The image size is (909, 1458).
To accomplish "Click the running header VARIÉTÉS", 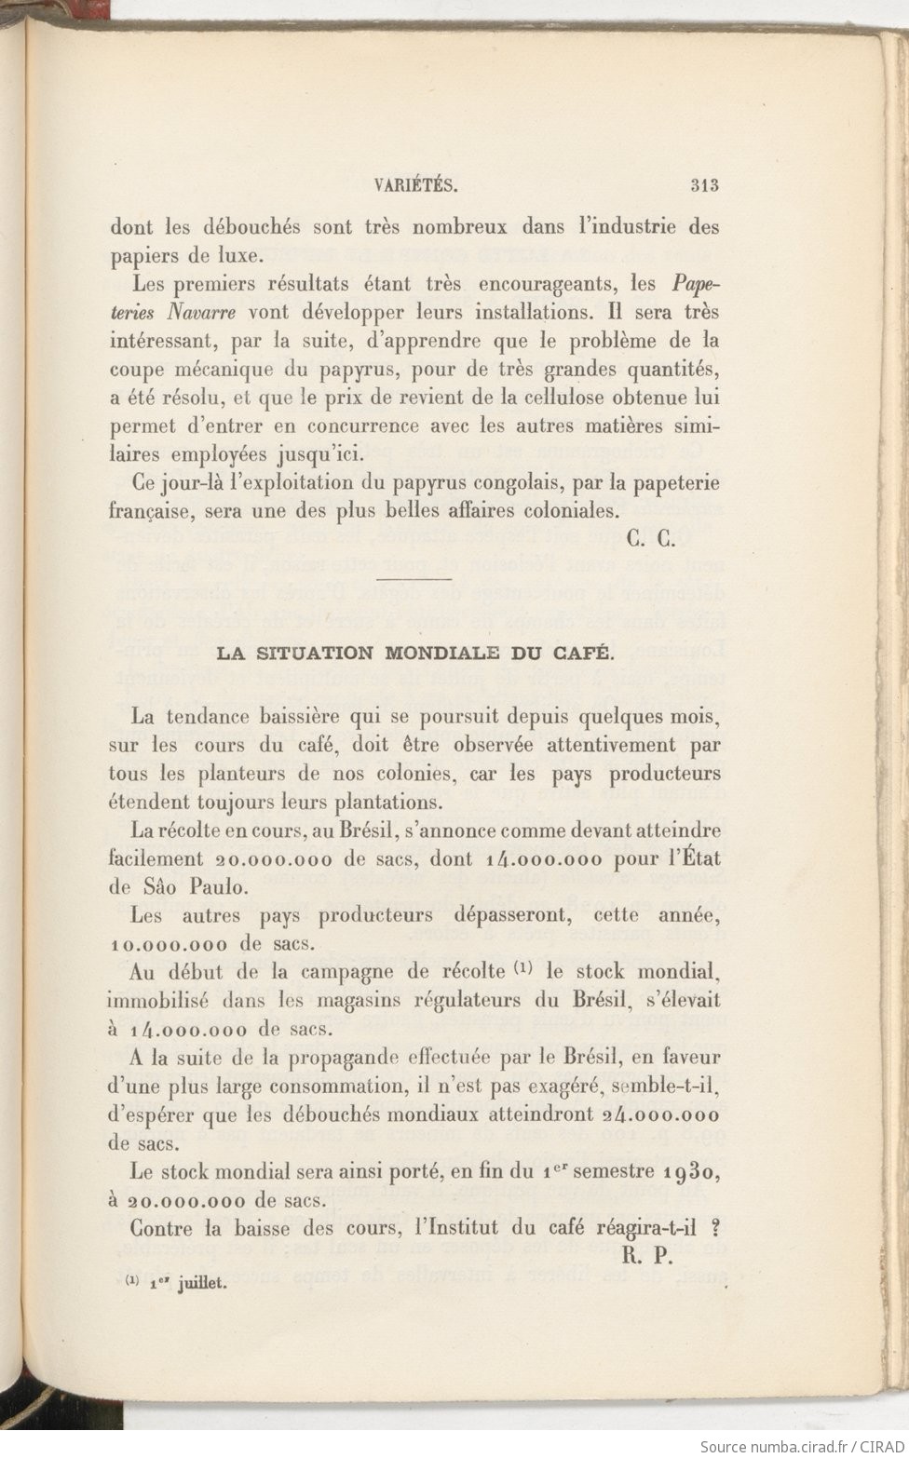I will (414, 184).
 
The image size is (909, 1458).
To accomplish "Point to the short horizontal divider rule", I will (413, 581).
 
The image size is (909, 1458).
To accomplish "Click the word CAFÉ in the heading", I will (587, 654).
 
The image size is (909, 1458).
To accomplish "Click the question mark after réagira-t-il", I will (715, 1227).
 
